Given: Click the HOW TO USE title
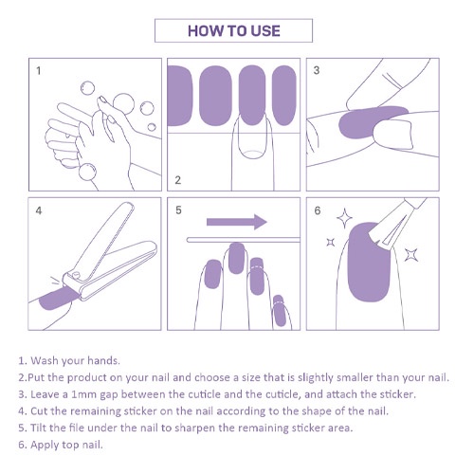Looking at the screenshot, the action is pyautogui.click(x=234, y=31).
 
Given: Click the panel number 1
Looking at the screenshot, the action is pyautogui.click(x=39, y=70).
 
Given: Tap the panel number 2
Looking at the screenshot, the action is pyautogui.click(x=178, y=180).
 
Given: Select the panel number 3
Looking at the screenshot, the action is pyautogui.click(x=317, y=70).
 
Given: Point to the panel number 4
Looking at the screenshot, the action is pyautogui.click(x=39, y=210).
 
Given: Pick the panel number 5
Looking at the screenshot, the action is pyautogui.click(x=178, y=210).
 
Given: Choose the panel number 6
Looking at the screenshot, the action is pyautogui.click(x=318, y=210).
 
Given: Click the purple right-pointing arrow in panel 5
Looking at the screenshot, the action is pyautogui.click(x=237, y=222).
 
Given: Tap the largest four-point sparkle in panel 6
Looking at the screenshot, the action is pyautogui.click(x=344, y=218).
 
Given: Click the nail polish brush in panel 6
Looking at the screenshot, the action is pyautogui.click(x=396, y=225).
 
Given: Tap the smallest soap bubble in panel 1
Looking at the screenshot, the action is pyautogui.click(x=152, y=127).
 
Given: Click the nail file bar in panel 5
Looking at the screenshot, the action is pyautogui.click(x=243, y=240).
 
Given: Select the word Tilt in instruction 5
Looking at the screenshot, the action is pyautogui.click(x=38, y=428).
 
